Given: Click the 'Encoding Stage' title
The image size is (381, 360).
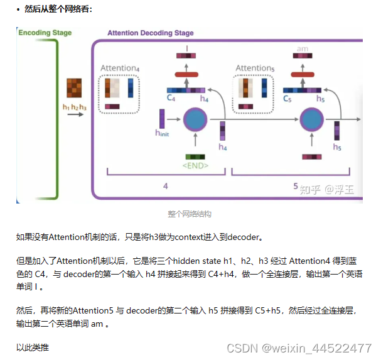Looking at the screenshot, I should (45, 33).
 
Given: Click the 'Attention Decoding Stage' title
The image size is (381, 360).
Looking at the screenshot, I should (151, 33).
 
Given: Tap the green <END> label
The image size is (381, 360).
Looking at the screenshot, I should (196, 166).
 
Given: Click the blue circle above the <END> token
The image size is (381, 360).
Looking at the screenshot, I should (195, 120).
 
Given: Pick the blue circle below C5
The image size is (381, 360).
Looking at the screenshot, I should (311, 119).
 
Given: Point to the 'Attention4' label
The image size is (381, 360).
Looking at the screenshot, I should (120, 68).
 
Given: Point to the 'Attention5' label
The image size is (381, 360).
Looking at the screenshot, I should (255, 68).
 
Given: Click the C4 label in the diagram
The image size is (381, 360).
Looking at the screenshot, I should (171, 99).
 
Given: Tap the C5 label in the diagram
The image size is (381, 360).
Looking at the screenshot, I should (287, 99).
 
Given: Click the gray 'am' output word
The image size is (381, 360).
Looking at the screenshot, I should (302, 49).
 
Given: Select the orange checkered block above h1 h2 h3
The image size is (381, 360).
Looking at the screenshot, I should (74, 88).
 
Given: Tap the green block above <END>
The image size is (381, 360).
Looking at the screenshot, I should (196, 156).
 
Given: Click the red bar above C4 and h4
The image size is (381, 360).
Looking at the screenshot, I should (186, 75).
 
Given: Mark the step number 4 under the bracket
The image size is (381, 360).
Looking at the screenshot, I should (166, 186).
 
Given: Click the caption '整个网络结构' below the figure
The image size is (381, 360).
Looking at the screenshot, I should (190, 214).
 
